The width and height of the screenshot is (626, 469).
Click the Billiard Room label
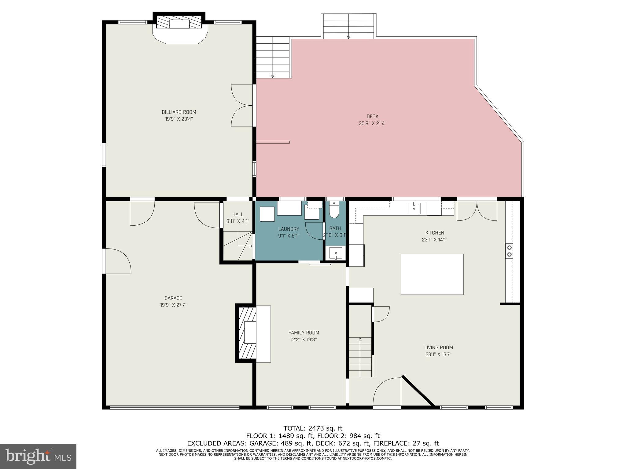coord(179,112)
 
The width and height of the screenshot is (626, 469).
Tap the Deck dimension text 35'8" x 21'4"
coord(372,123)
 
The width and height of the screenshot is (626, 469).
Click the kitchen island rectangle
coord(432,274)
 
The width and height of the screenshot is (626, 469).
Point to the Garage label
coord(173,298)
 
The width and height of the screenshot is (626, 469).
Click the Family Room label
coord(304,333)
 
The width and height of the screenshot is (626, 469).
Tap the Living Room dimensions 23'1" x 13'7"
coord(438,354)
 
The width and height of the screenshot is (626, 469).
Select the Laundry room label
coord(288,229)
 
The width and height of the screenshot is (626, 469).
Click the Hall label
coord(238,214)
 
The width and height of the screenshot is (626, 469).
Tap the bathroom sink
coord(335,253)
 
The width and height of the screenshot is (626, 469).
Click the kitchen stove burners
coord(509,251)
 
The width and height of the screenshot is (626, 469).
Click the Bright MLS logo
coord(38,456)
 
